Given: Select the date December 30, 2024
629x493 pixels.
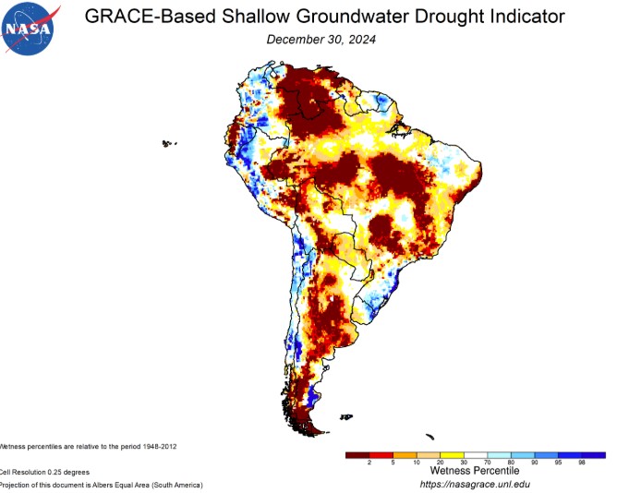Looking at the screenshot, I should tap(321, 40).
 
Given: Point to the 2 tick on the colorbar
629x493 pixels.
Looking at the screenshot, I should tap(369, 462).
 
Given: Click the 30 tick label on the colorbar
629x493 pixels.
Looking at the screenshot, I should tap(464, 462).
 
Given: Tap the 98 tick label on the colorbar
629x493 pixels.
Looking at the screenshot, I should tap(582, 462).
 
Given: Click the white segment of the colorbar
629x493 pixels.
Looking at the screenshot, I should tap(476, 454).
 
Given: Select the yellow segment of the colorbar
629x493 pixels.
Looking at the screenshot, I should tap(452, 454).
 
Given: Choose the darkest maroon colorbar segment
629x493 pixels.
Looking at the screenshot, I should tap(357, 454).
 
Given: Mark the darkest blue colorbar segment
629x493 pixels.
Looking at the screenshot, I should tap(593, 454).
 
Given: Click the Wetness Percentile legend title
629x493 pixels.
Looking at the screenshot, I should tap(475, 471).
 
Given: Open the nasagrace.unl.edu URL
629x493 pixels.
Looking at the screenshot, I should tap(475, 484).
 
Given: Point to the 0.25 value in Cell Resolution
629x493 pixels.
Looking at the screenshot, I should tap(54, 472).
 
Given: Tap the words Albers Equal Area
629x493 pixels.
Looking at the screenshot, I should tap(129, 485).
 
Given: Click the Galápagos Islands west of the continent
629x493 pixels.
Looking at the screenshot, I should tap(168, 143).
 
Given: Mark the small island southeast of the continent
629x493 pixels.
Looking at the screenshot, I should tap(429, 437).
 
